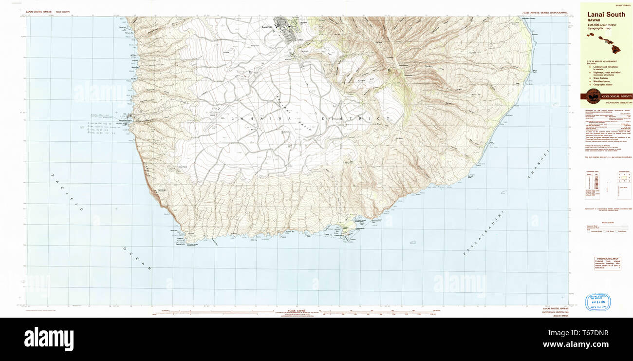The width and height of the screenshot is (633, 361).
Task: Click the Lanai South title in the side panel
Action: [606, 15]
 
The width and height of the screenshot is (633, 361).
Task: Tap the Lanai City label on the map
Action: [266, 26]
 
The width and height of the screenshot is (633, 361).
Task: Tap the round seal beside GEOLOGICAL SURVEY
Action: [593, 96]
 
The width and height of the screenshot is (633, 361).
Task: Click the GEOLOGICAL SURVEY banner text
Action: [616, 96]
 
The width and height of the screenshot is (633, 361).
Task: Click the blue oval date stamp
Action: [598, 302]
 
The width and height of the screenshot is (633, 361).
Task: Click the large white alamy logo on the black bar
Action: [49, 339]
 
